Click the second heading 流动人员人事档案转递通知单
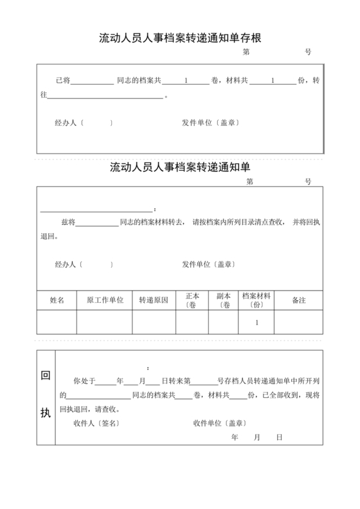click(179, 168)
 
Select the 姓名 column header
click(57, 300)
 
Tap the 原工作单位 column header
click(105, 300)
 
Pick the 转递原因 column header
click(154, 300)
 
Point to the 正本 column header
click(192, 300)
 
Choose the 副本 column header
click(223, 300)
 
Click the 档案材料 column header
click(256, 300)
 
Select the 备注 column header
click(298, 300)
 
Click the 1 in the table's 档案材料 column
click(256, 323)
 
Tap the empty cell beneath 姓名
click(57, 323)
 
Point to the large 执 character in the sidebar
click(46, 413)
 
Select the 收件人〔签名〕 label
click(96, 423)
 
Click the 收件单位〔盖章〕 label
click(219, 423)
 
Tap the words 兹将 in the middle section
click(69, 222)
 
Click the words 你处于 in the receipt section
click(85, 381)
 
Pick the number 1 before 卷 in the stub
click(186, 81)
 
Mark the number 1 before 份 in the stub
click(273, 81)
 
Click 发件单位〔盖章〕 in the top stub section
click(210, 122)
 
